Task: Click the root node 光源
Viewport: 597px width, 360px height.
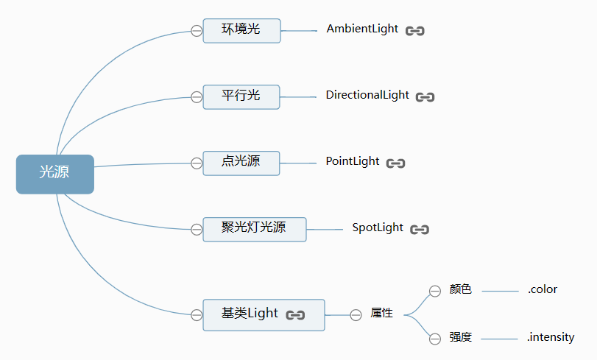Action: (x=54, y=174)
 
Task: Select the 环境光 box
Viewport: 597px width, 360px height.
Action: (x=241, y=31)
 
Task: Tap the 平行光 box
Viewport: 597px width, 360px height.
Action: (x=241, y=97)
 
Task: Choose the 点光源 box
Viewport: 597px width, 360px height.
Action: (x=241, y=163)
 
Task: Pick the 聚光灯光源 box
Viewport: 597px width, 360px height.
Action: (x=255, y=230)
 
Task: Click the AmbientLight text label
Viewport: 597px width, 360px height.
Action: (x=362, y=29)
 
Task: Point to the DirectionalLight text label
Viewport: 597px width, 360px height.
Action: (x=367, y=95)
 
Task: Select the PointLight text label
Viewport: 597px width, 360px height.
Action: (x=353, y=161)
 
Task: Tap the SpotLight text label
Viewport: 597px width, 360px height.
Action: (x=378, y=227)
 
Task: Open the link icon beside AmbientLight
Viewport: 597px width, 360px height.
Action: (x=415, y=31)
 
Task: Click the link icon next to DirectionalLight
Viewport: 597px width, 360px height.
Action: (x=425, y=97)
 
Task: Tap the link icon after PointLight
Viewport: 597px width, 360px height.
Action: (x=395, y=163)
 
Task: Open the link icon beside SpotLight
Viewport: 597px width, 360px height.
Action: (x=420, y=230)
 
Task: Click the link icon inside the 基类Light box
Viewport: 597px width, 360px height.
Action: (x=295, y=315)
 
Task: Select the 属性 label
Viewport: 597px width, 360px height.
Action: (x=381, y=313)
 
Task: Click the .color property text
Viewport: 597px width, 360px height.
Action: (x=543, y=289)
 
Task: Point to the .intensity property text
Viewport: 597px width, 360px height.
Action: (x=551, y=337)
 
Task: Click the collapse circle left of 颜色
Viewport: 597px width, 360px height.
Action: (x=435, y=291)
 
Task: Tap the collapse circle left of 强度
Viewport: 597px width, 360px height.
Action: (x=435, y=339)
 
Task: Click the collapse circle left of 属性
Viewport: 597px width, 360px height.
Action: (x=356, y=315)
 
